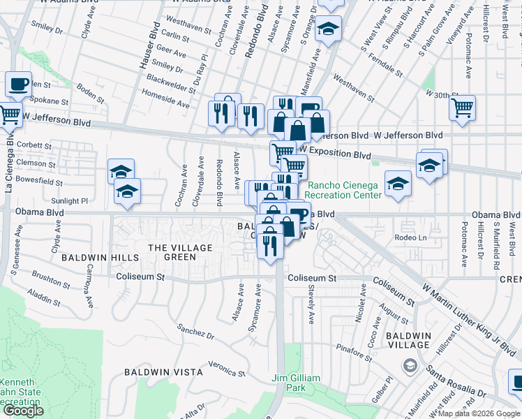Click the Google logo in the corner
23,411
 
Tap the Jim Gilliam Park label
296,383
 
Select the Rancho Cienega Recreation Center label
345,190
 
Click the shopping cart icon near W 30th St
462,108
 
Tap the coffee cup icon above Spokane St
19,84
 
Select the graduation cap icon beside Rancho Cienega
398,184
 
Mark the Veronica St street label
223,367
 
